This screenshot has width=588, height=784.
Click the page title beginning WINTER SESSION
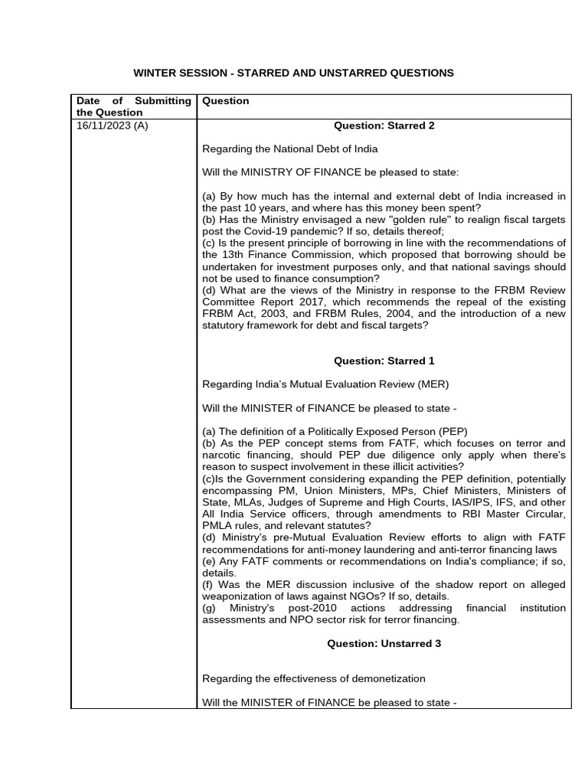[293, 73]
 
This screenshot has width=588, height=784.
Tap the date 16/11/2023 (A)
[113, 126]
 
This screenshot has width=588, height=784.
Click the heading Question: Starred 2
[384, 126]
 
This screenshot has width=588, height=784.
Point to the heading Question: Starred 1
[384, 361]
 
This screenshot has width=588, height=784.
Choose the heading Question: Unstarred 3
[384, 644]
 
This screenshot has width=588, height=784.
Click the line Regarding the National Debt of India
[289, 149]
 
